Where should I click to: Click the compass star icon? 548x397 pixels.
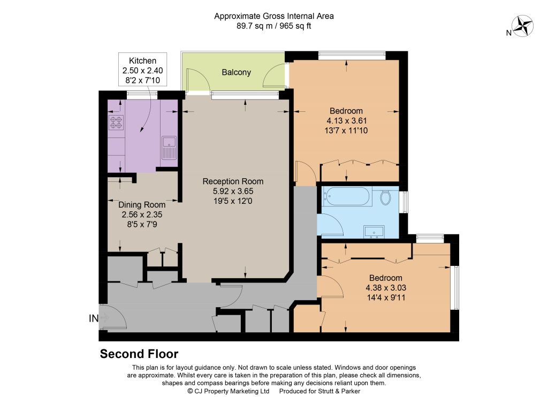click(x=522, y=26)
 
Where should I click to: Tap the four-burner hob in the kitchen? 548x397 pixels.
click(x=116, y=123)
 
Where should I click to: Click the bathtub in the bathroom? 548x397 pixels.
click(x=346, y=197)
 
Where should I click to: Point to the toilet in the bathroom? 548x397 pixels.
click(x=385, y=197)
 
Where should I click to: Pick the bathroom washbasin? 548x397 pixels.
click(x=374, y=232)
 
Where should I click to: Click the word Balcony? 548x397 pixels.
click(x=236, y=72)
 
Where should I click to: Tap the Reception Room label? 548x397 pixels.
click(x=233, y=181)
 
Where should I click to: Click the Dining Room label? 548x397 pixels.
click(x=142, y=205)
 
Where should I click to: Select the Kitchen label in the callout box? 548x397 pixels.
click(x=142, y=60)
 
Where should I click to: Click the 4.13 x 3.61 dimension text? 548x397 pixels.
click(x=346, y=121)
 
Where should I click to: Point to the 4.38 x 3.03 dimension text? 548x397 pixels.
click(x=386, y=288)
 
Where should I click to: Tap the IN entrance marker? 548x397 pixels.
click(x=94, y=318)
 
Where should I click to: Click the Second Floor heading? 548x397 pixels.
click(x=139, y=354)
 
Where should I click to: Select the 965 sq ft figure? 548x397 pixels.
click(x=295, y=26)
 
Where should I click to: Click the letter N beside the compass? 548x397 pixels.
click(x=509, y=33)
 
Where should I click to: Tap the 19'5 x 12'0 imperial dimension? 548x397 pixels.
click(x=233, y=201)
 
